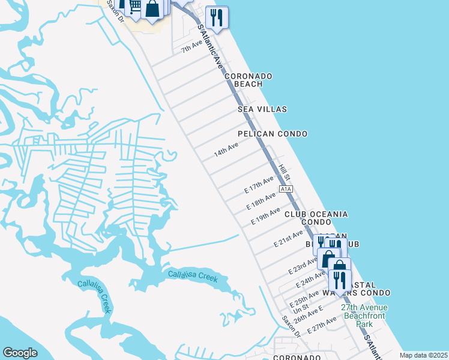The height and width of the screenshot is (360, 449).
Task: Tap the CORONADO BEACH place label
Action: [249, 80]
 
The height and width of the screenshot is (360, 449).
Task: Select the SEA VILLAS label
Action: [262, 109]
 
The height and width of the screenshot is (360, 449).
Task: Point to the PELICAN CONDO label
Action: [273, 134]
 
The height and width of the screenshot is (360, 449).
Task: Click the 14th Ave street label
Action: [226, 150]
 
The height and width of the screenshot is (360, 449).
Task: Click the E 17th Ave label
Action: [259, 184]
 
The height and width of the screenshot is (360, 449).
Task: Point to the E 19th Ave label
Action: [266, 216]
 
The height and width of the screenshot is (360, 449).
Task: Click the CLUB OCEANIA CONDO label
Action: [316, 218]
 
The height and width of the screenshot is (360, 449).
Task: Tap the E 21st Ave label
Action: [288, 238]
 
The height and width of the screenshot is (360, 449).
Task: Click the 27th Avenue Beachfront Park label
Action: [365, 315]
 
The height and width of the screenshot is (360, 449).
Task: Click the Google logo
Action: [20, 353]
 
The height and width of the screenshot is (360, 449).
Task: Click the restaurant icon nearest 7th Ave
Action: [217, 16]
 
